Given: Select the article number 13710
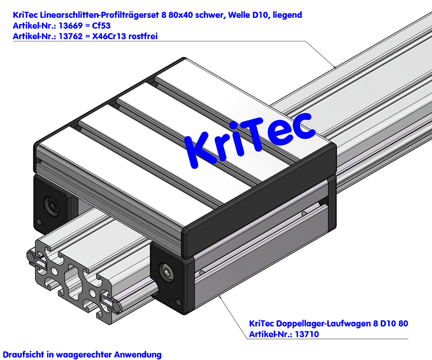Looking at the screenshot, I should pyautogui.click(x=306, y=334).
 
